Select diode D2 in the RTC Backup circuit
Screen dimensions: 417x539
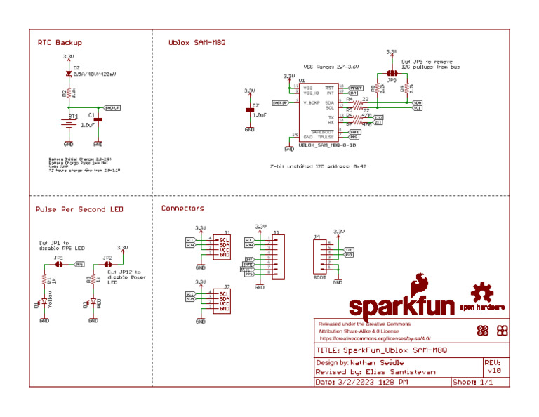[x=68, y=73]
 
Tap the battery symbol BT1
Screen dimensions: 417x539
[x=69, y=124]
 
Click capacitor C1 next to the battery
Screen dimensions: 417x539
[x=98, y=120]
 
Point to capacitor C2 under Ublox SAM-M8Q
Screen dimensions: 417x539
[x=249, y=110]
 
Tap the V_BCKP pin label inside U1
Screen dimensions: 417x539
[x=312, y=103]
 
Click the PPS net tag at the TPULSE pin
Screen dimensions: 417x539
[x=354, y=137]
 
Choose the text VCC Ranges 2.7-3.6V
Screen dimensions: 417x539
[x=331, y=66]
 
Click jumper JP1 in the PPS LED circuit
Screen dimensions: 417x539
[x=59, y=265]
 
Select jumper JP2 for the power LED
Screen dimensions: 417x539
[x=107, y=265]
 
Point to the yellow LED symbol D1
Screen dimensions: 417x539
[x=44, y=302]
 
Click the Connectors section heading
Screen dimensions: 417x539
[x=182, y=208]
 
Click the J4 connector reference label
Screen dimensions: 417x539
[x=317, y=237]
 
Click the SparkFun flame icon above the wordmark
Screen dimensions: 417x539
[x=421, y=284]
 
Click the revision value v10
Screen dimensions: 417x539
[x=494, y=371]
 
